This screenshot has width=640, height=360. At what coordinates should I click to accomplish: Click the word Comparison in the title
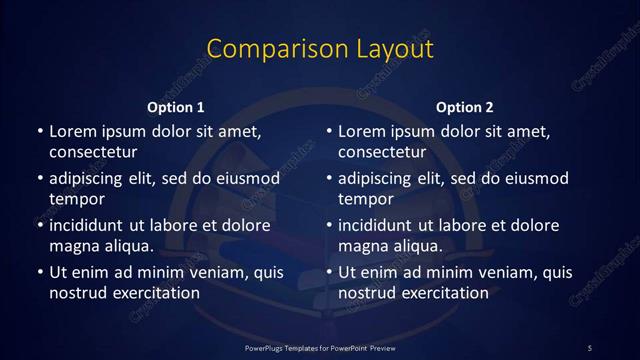click(x=264, y=49)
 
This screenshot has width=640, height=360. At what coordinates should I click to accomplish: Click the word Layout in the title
click(x=385, y=49)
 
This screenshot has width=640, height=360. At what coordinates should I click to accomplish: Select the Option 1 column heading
click(x=176, y=107)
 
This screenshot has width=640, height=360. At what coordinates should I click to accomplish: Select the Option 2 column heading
click(x=465, y=107)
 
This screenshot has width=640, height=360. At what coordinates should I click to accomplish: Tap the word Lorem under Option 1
click(x=73, y=131)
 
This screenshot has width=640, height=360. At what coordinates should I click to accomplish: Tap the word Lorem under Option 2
click(x=363, y=131)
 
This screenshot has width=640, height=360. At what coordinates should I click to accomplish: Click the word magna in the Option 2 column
click(x=364, y=246)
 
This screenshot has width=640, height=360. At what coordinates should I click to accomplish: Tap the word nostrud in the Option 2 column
click(x=369, y=293)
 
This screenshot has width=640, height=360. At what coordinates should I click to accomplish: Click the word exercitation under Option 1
click(x=155, y=293)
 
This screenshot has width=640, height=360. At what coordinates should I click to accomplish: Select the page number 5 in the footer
click(x=589, y=347)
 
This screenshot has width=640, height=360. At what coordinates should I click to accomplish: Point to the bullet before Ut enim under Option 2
click(x=329, y=272)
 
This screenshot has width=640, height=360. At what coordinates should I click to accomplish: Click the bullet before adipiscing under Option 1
click(x=39, y=178)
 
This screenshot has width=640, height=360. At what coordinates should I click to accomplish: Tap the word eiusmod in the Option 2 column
click(x=536, y=178)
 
